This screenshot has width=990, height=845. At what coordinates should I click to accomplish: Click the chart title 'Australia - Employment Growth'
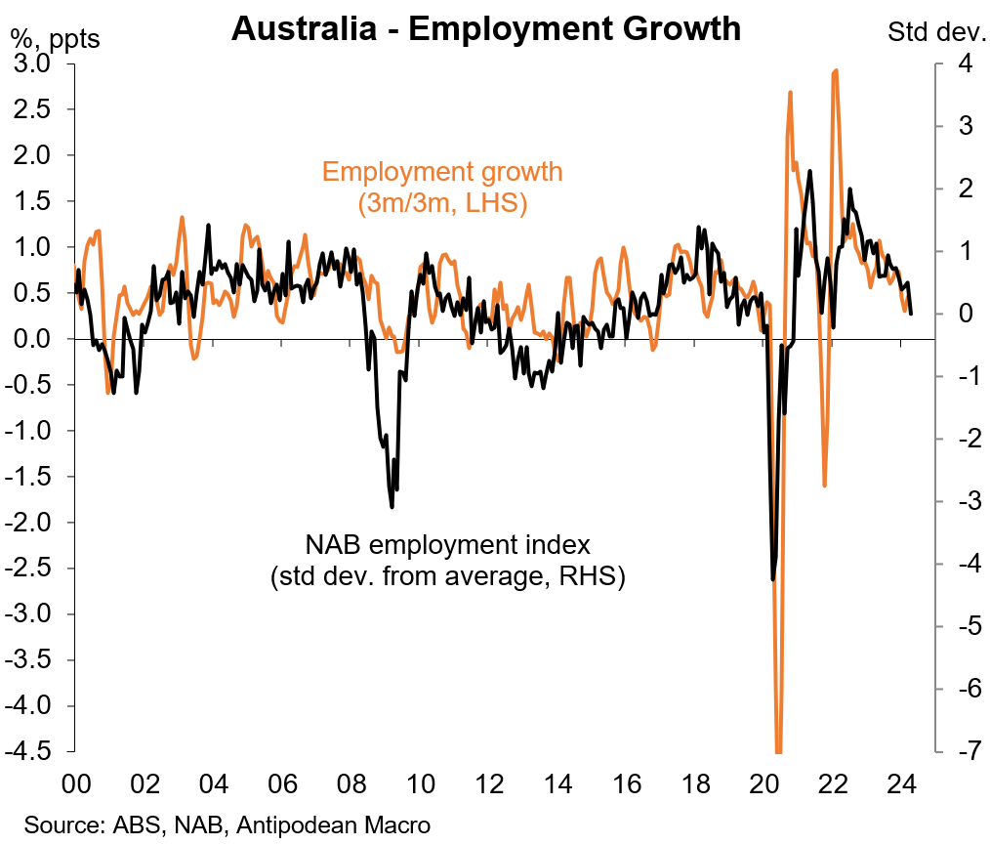(485, 29)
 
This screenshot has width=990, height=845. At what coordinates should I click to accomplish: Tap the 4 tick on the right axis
(937, 64)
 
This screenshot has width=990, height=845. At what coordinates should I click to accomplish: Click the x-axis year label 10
(420, 785)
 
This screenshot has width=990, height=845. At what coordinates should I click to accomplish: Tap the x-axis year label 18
(695, 785)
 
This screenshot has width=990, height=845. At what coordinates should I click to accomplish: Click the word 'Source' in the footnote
(55, 824)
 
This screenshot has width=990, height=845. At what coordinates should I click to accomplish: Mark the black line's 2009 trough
(392, 507)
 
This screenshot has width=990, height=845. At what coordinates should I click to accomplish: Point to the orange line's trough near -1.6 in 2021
(825, 486)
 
